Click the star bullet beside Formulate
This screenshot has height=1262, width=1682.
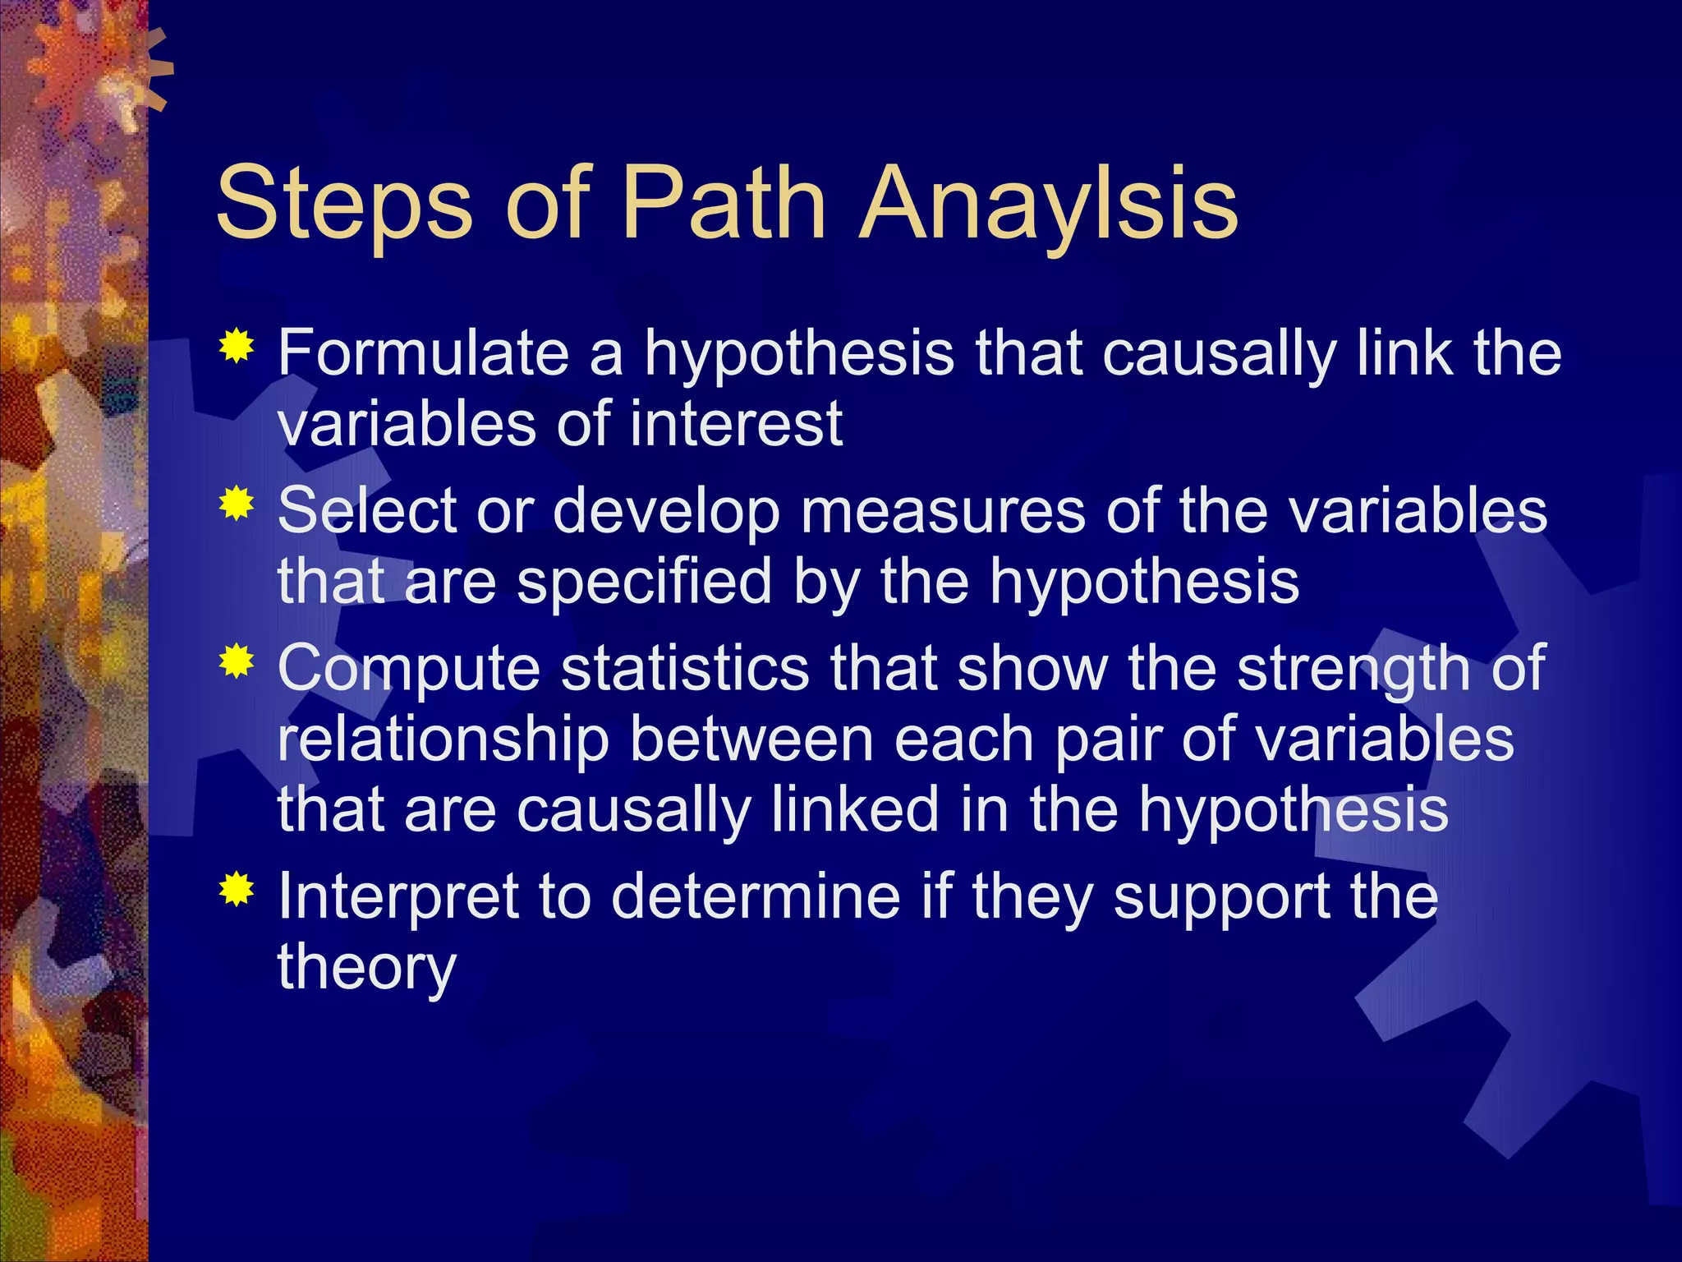(x=237, y=348)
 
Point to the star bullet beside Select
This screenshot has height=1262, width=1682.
(x=237, y=504)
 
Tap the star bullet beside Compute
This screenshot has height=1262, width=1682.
(x=237, y=661)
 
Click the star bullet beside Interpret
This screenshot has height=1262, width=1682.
(x=237, y=889)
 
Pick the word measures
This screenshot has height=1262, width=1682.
(x=943, y=511)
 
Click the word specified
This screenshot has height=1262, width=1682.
(x=645, y=582)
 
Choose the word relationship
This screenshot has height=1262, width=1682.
(x=443, y=739)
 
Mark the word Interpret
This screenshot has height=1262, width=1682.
(x=398, y=897)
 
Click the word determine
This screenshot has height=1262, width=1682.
(x=756, y=896)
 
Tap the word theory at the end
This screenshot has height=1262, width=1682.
(x=366, y=968)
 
